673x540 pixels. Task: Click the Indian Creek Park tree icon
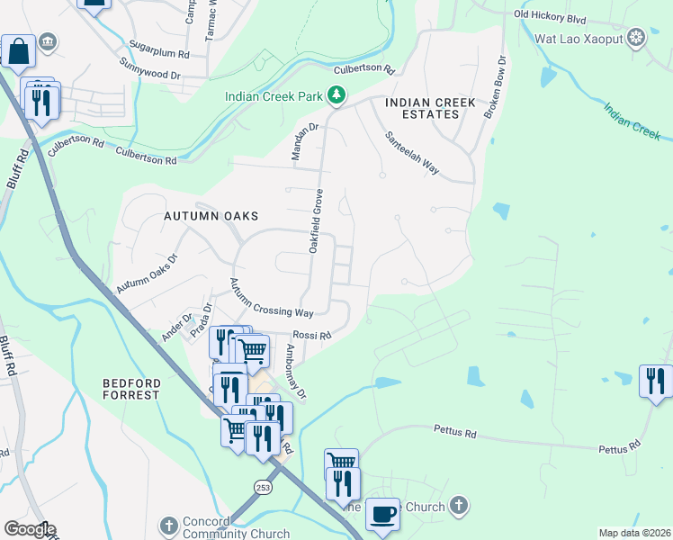tap(336, 95)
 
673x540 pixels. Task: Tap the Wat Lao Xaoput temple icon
tap(637, 37)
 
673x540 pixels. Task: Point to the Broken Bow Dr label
tap(495, 85)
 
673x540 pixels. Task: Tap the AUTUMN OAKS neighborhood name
tap(211, 216)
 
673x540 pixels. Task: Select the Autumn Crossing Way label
tap(270, 298)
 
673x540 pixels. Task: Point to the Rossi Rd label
tap(313, 335)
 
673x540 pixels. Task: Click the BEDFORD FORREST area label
tap(131, 389)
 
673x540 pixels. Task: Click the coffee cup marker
tap(382, 515)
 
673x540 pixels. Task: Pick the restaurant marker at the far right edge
tap(656, 380)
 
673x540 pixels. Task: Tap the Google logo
tap(29, 529)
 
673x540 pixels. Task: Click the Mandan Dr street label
tap(305, 142)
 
